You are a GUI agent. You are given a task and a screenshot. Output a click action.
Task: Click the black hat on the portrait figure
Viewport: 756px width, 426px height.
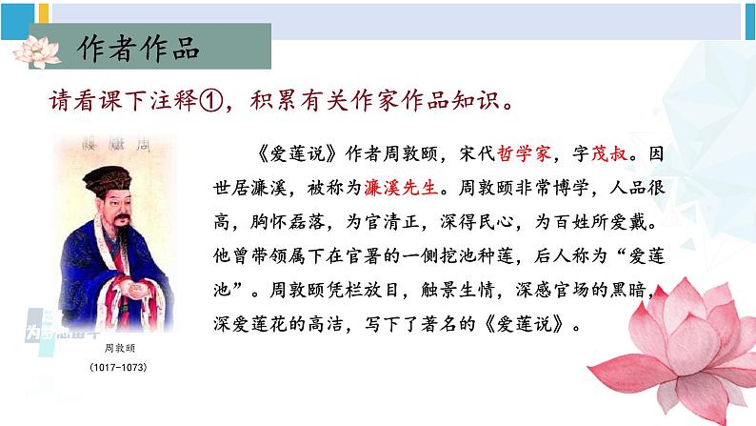coord(112,182)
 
